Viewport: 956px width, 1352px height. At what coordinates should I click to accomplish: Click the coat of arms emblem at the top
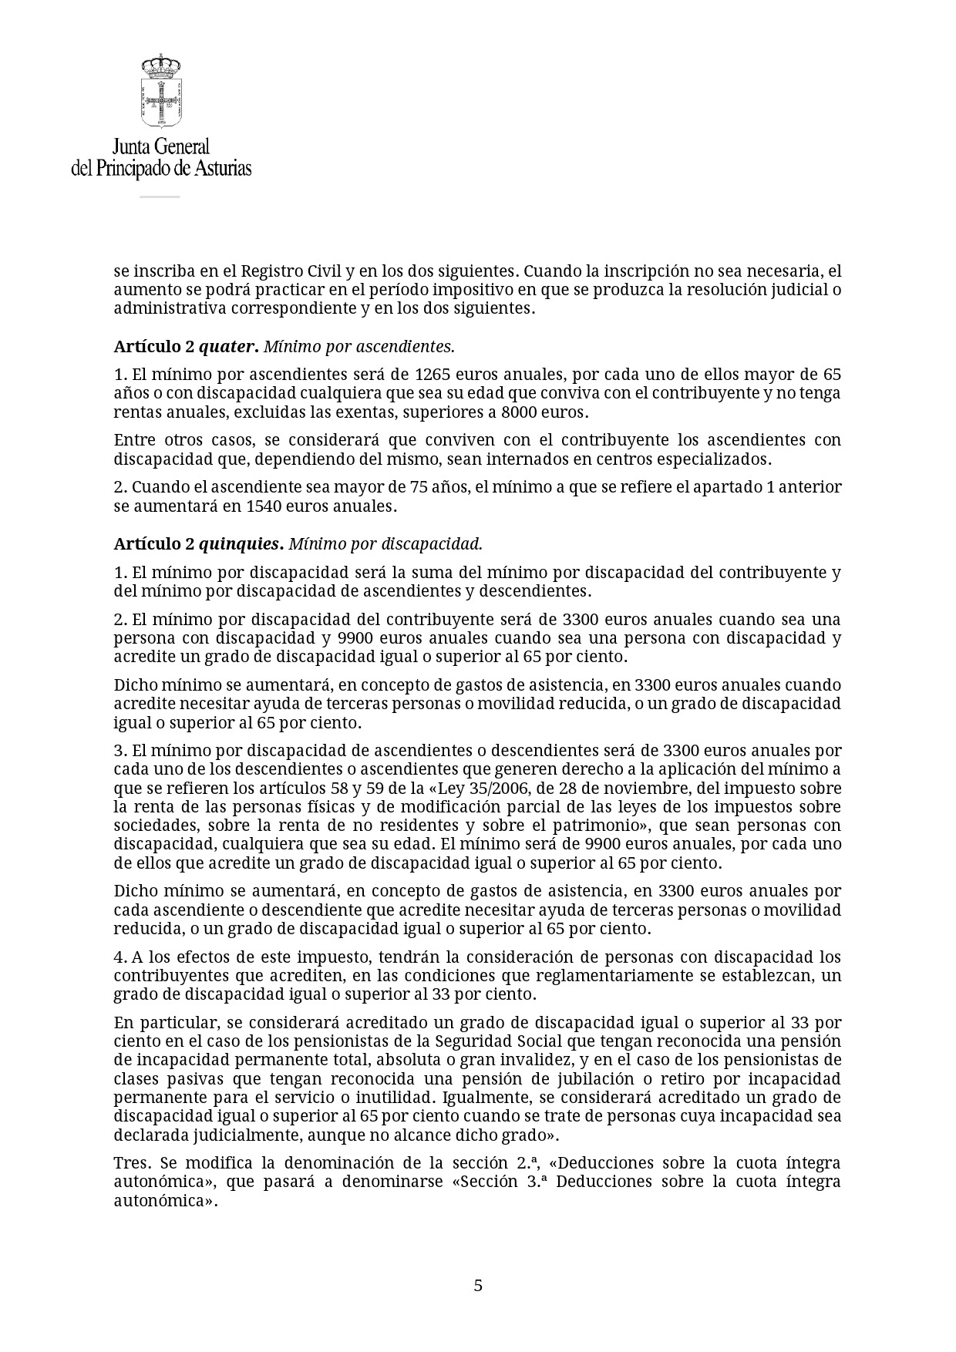tap(161, 91)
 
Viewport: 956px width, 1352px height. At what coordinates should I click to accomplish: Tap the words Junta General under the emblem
tap(161, 146)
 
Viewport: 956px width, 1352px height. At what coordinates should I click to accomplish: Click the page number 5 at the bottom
tap(478, 1285)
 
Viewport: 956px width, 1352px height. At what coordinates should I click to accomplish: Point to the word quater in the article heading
tap(227, 347)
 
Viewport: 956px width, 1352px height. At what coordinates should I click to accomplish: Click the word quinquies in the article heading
tap(241, 543)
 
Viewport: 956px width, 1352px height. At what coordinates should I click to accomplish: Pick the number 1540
tap(267, 506)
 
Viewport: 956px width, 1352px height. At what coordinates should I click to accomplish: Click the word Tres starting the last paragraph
tap(132, 1162)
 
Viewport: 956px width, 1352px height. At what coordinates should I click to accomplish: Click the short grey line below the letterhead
tap(160, 197)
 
